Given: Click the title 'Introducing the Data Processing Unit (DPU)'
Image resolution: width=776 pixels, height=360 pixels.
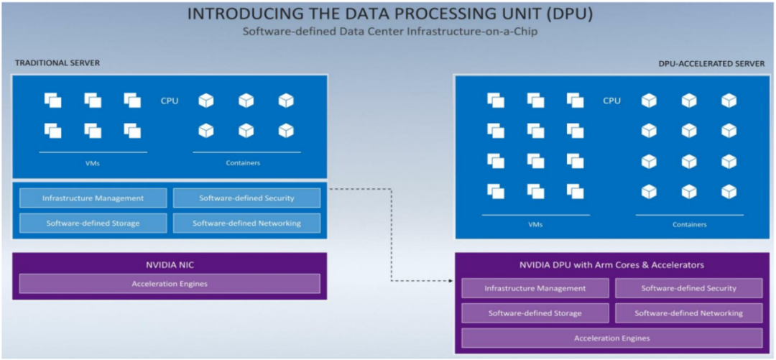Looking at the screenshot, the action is pyautogui.click(x=390, y=14).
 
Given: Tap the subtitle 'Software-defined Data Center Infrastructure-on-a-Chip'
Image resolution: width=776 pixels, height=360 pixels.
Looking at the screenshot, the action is pyautogui.click(x=390, y=32).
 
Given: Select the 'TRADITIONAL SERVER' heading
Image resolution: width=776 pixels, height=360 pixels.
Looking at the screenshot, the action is pyautogui.click(x=57, y=63).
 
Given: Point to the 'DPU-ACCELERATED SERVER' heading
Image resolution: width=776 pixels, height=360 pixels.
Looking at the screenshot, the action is pyautogui.click(x=711, y=64).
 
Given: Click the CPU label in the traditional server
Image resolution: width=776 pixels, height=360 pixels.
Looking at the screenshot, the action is pyautogui.click(x=170, y=101).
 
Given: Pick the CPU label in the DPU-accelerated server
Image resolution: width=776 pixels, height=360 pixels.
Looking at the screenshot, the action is pyautogui.click(x=611, y=101).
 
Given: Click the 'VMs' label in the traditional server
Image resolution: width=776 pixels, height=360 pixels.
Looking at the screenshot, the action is pyautogui.click(x=93, y=162).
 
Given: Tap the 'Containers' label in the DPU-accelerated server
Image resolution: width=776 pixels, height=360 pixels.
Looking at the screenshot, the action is pyautogui.click(x=689, y=225).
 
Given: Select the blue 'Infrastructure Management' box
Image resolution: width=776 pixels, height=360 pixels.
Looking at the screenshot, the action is pyautogui.click(x=93, y=198).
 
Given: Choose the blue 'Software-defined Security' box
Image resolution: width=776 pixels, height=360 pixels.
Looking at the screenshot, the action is pyautogui.click(x=246, y=198).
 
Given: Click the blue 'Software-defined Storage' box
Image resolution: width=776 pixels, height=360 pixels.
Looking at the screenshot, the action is pyautogui.click(x=93, y=223).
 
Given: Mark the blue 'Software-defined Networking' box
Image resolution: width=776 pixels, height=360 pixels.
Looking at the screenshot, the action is pyautogui.click(x=246, y=223).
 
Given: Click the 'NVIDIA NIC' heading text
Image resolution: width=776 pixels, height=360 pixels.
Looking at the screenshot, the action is pyautogui.click(x=170, y=264).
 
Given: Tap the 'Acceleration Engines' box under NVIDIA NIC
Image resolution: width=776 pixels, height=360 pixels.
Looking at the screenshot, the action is pyautogui.click(x=170, y=284).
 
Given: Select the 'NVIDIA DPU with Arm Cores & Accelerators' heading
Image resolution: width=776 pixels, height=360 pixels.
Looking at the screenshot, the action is pyautogui.click(x=612, y=265).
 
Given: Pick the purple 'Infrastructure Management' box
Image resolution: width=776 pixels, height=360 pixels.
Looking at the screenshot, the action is pyautogui.click(x=535, y=288).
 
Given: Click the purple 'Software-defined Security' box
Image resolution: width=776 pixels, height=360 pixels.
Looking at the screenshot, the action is pyautogui.click(x=689, y=288).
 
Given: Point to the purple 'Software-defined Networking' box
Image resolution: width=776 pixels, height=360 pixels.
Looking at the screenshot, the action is pyautogui.click(x=689, y=313).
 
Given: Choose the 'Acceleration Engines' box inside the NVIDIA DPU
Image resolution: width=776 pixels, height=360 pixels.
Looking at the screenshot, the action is pyautogui.click(x=612, y=338).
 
